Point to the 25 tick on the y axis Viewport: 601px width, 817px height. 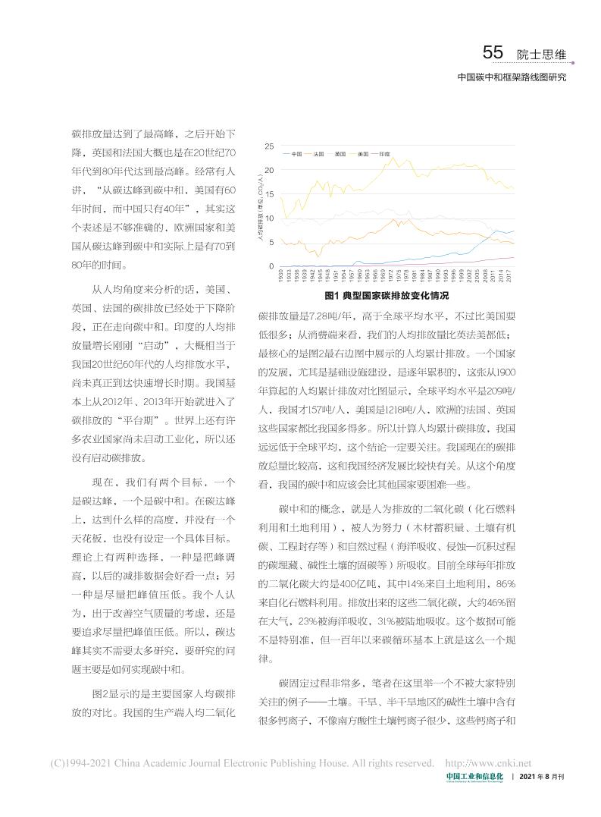point(271,146)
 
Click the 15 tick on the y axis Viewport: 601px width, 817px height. point(271,194)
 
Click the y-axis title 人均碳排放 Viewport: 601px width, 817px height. point(260,206)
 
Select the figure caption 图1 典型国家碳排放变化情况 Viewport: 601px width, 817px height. point(387,295)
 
